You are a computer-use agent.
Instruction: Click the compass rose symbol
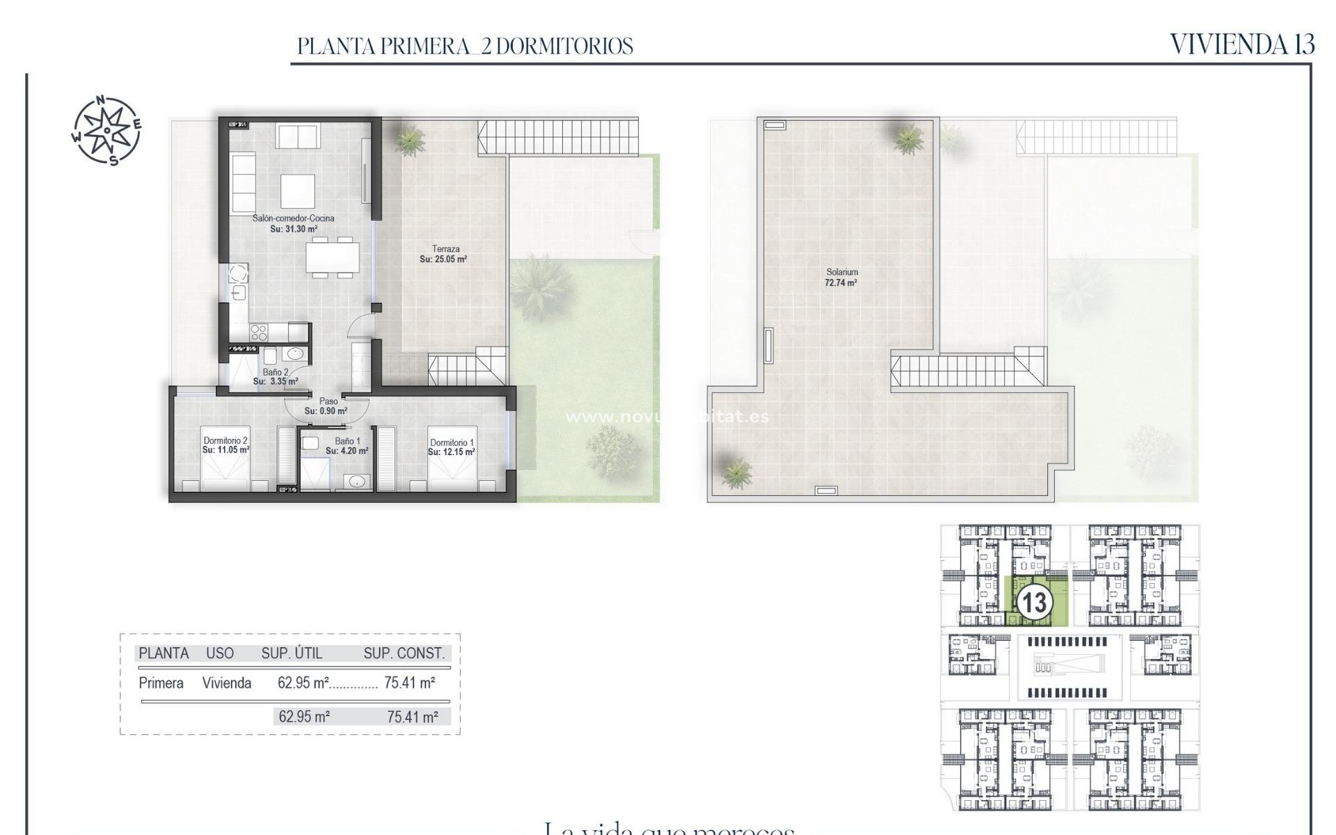point(107,130)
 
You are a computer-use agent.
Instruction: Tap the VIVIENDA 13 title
point(1241,45)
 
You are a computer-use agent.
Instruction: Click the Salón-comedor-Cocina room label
point(293,218)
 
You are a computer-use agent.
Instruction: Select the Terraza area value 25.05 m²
point(443,260)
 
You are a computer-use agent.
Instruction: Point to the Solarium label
point(842,272)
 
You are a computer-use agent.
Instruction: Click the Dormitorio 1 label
point(452,443)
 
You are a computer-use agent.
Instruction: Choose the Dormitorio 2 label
point(225,440)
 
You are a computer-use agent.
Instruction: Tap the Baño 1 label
point(347,441)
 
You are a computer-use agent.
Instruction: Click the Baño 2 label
point(276,372)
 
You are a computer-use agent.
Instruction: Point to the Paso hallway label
point(328,401)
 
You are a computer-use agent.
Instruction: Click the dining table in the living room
point(333,257)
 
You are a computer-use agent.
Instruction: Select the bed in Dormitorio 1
point(452,473)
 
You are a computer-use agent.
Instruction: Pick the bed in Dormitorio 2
point(225,473)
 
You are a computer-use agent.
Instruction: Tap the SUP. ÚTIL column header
point(292,653)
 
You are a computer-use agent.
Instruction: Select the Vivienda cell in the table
point(227,683)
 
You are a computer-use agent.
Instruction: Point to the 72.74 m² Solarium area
point(841,283)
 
